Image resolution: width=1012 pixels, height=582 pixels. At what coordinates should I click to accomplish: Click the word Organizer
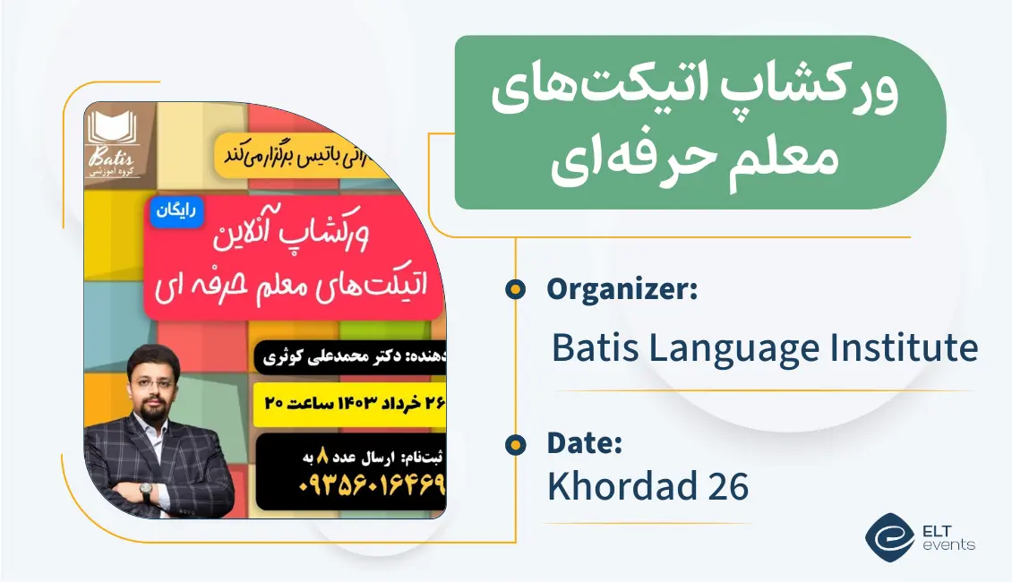pyautogui.click(x=621, y=290)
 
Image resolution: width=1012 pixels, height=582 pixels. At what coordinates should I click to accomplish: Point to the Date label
pyautogui.click(x=584, y=443)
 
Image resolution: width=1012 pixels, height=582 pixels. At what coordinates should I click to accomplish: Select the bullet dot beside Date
pyautogui.click(x=515, y=443)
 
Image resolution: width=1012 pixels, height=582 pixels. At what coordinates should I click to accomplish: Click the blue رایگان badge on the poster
pyautogui.click(x=177, y=213)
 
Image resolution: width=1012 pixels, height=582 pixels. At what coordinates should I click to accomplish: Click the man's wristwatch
pyautogui.click(x=145, y=492)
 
